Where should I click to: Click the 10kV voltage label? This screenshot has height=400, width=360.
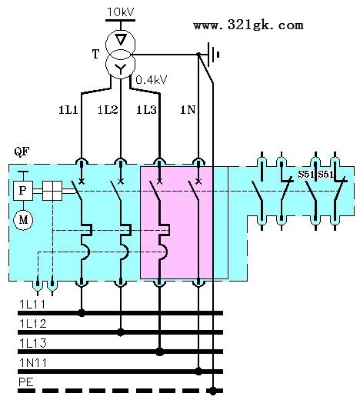tap(121, 12)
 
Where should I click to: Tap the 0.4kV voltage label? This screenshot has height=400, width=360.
tap(152, 80)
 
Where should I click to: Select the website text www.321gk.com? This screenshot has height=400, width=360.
tap(248, 25)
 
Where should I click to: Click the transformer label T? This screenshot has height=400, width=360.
tap(95, 54)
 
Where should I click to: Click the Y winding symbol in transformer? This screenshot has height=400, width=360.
tap(120, 68)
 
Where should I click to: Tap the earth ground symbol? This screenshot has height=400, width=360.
tap(212, 55)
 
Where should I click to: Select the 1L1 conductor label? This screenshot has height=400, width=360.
tap(68, 110)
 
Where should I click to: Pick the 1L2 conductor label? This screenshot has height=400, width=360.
tap(108, 110)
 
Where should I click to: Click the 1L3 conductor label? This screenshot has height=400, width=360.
tap(146, 110)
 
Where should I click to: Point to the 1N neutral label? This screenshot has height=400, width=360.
tap(188, 110)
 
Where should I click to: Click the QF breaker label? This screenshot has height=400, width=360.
tap(22, 152)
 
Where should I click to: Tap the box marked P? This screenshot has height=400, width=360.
tap(23, 191)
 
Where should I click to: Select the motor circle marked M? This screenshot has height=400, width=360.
tap(23, 220)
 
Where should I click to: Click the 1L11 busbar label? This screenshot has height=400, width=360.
tap(32, 305)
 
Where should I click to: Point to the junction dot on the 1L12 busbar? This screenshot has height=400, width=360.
tap(121, 332)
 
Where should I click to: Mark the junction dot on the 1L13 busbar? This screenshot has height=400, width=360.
tap(160, 352)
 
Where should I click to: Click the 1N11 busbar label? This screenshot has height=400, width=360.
tap(33, 363)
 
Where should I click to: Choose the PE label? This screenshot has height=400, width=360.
tap(26, 382)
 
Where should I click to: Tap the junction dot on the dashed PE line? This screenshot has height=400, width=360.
tap(213, 391)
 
